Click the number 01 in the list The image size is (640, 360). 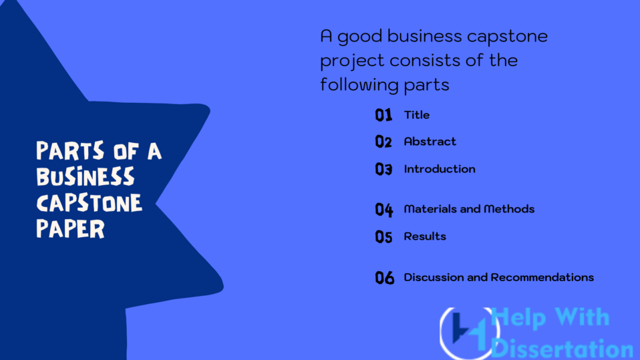tap(383, 116)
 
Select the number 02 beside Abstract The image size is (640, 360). tap(383, 142)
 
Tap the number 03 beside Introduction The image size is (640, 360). tap(383, 170)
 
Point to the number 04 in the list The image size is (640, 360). tap(384, 210)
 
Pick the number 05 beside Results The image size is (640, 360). tap(383, 236)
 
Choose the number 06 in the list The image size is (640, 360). tap(385, 278)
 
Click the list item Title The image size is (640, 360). tap(417, 115)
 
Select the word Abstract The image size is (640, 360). tap(430, 142)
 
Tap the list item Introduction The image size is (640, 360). tap(440, 169)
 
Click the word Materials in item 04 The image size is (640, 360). tap(428, 209)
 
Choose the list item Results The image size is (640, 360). tap(425, 236)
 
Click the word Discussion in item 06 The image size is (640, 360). tap(434, 277)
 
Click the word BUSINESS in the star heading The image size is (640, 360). tap(85, 177)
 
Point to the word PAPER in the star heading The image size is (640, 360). tap(70, 228)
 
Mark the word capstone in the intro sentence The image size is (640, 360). tap(506, 36)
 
